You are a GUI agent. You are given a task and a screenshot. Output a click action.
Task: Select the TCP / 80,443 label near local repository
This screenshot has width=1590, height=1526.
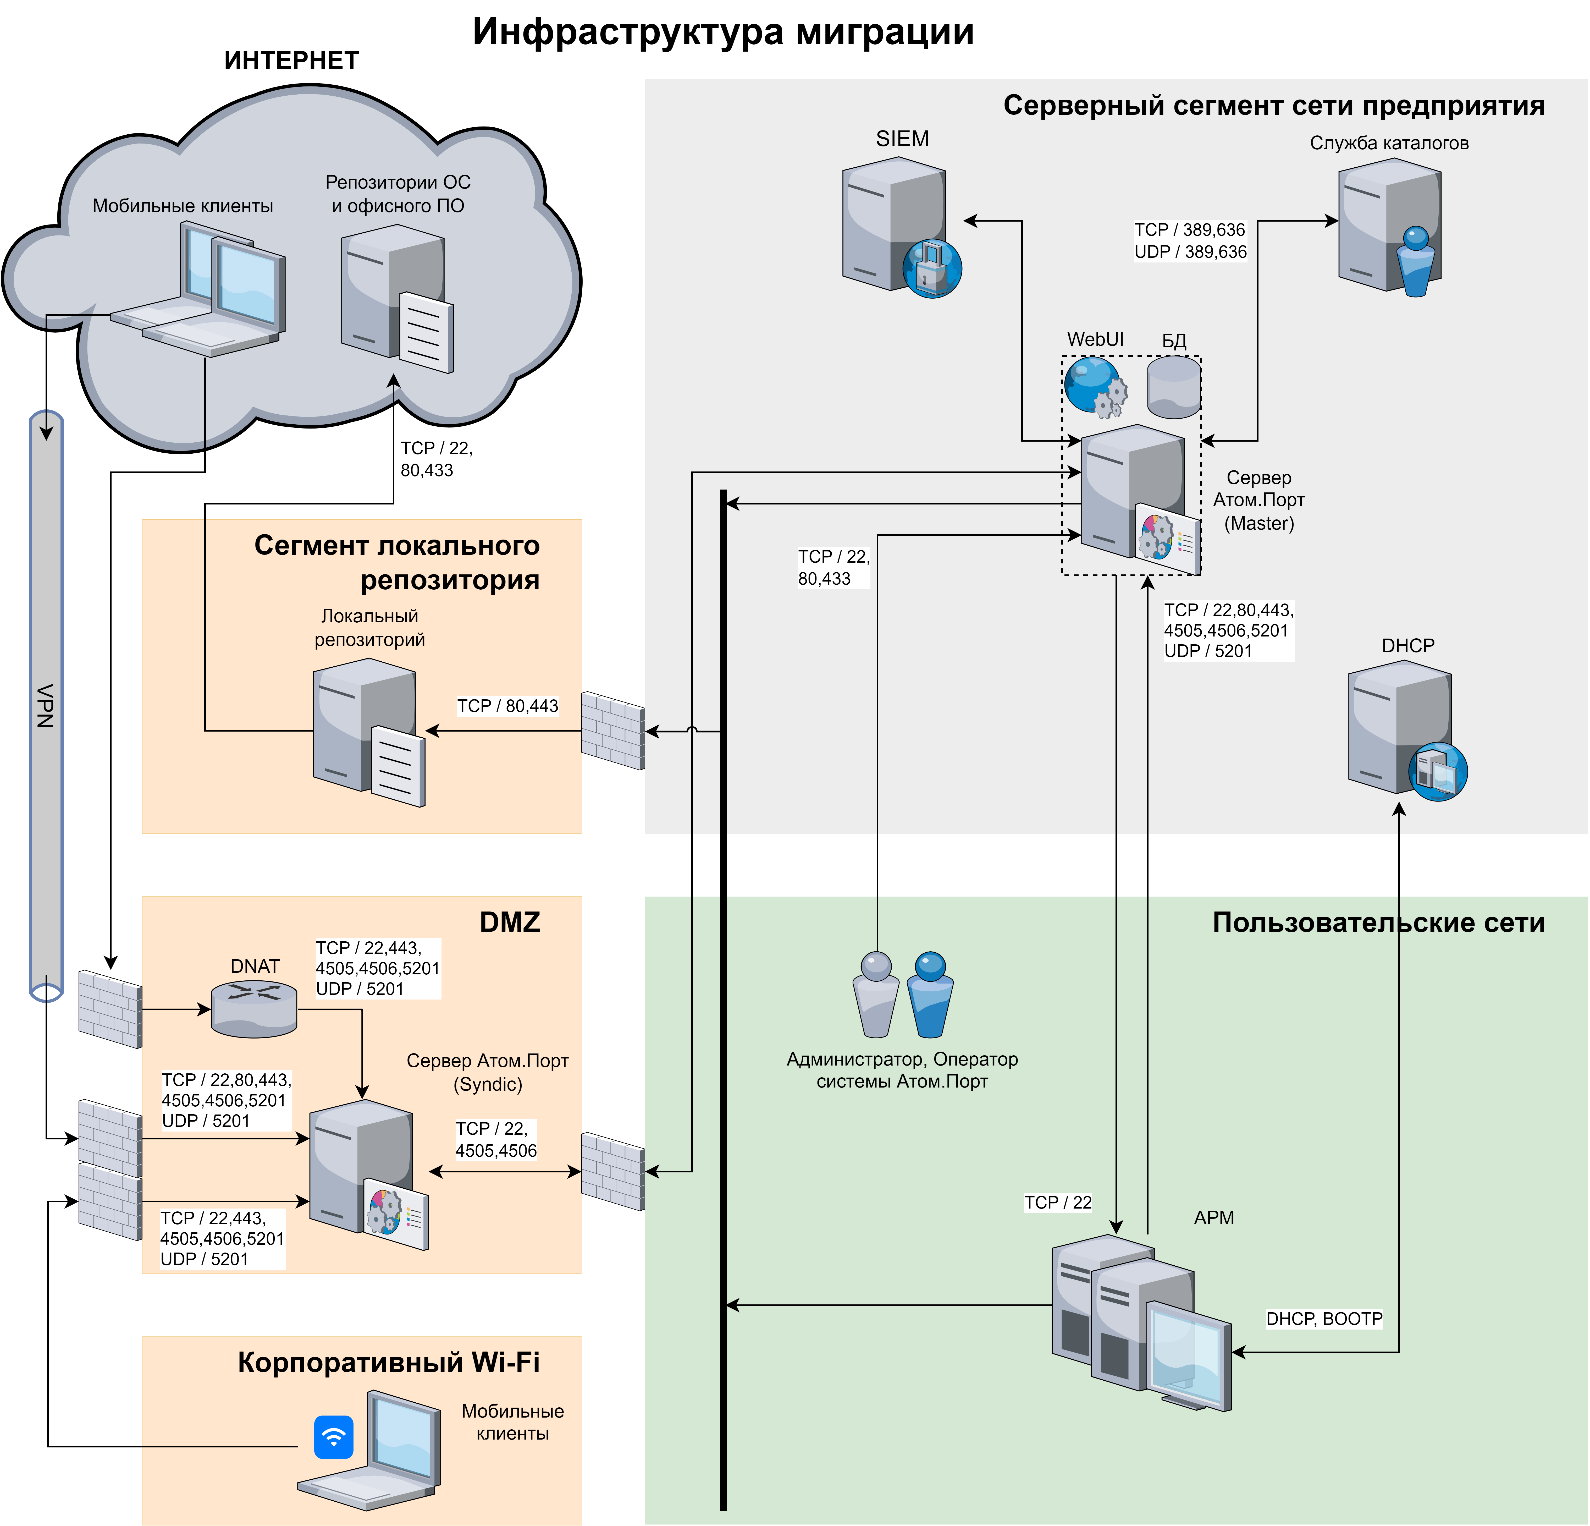click(x=508, y=706)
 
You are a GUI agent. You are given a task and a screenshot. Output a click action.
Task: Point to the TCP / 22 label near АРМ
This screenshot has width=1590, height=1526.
click(x=1058, y=1202)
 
